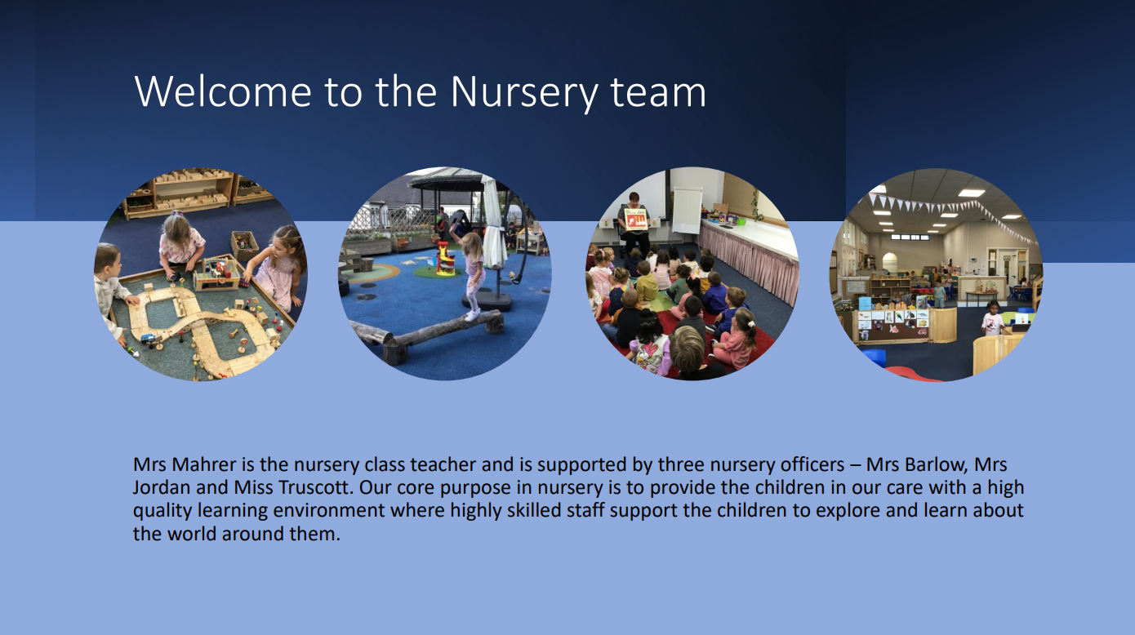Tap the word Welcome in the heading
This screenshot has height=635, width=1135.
pos(223,91)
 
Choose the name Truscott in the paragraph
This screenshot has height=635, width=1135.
pos(315,487)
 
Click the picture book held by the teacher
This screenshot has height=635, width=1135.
pos(636,220)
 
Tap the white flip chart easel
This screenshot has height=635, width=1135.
pos(687,210)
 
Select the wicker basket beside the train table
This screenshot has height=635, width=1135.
pos(245,245)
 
